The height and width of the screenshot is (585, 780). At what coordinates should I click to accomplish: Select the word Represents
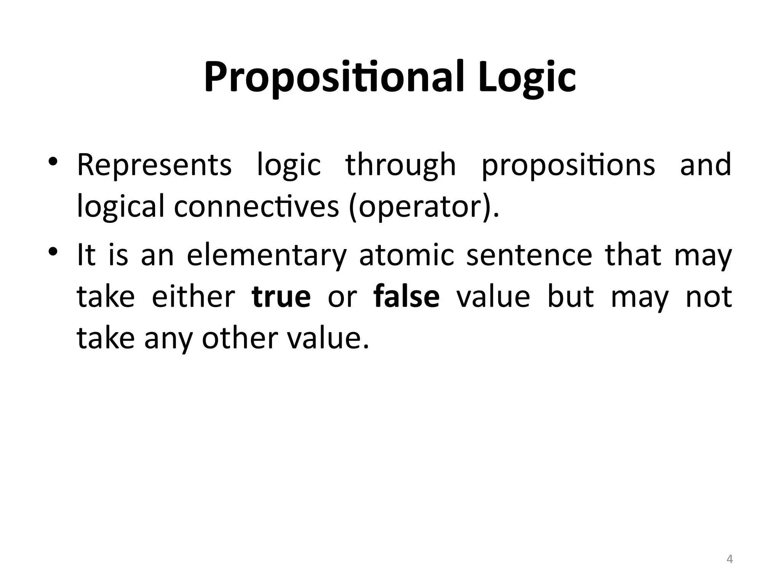(x=154, y=165)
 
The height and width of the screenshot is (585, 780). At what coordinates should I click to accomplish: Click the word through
(x=401, y=165)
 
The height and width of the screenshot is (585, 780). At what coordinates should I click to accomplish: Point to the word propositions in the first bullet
(x=568, y=165)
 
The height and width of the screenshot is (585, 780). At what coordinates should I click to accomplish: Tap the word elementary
(x=267, y=256)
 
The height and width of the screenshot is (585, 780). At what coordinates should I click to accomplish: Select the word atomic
(x=407, y=256)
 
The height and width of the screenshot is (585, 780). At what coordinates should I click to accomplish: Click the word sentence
(x=529, y=256)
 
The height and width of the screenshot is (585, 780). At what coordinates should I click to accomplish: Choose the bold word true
(x=281, y=297)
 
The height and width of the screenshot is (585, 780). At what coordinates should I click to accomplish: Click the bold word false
(x=407, y=297)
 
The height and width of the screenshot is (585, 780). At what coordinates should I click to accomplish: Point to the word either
(x=193, y=297)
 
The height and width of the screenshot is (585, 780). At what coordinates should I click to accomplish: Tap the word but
(x=571, y=297)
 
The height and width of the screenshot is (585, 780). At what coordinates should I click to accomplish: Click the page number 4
(x=730, y=559)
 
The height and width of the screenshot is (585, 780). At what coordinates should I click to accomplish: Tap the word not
(x=709, y=297)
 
